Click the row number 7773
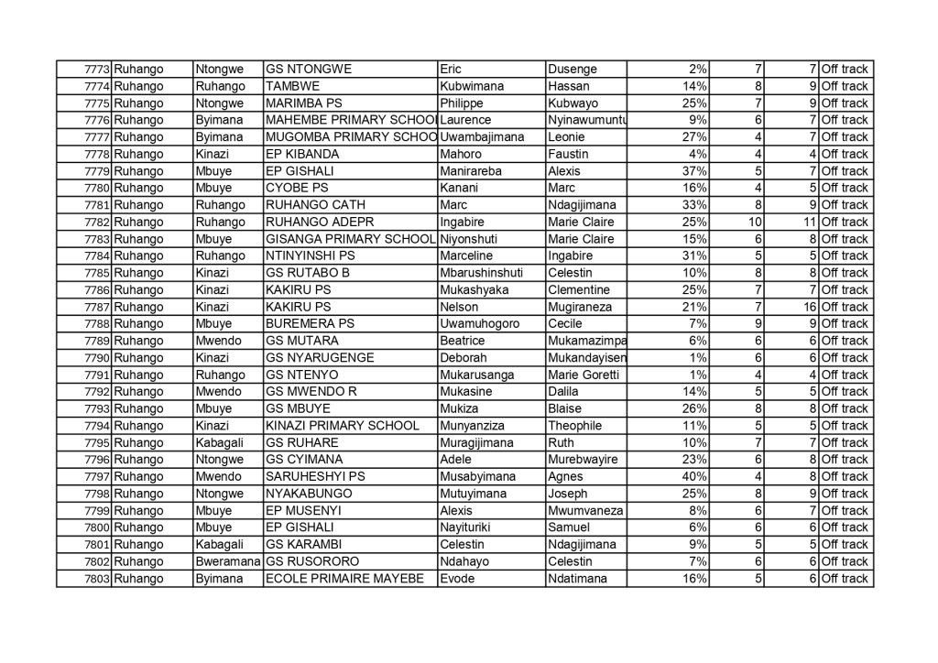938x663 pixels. [97, 69]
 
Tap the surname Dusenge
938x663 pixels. [572, 69]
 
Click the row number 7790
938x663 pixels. [97, 358]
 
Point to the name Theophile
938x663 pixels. [574, 426]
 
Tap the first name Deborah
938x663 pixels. [464, 358]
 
